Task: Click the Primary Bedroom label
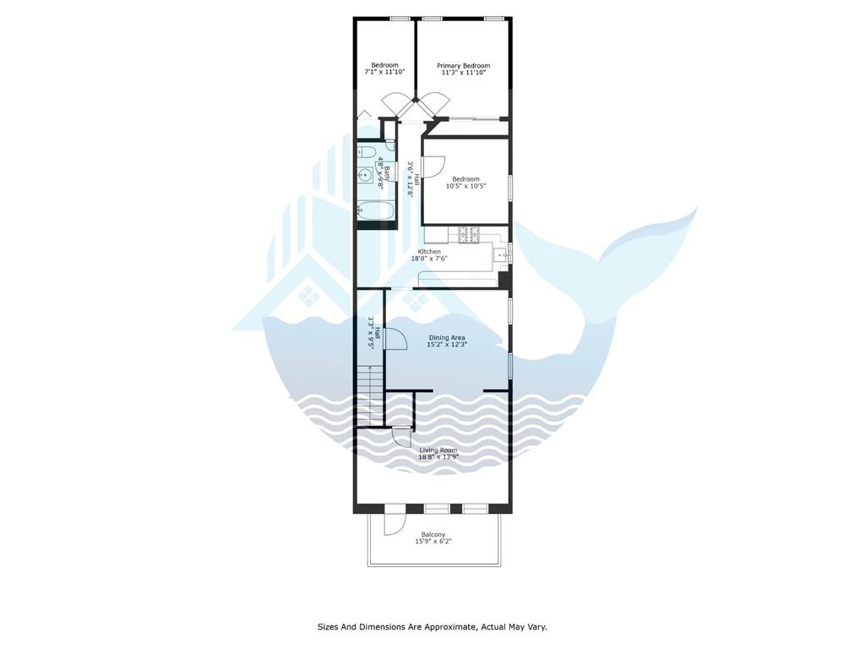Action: point(464,66)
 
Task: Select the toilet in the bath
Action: point(367,152)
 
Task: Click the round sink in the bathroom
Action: point(365,176)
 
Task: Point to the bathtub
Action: point(376,210)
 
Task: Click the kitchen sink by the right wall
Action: point(501,255)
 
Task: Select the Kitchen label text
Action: point(429,252)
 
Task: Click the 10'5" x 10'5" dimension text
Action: point(465,187)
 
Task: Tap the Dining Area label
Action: point(447,338)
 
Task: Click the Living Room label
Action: point(438,450)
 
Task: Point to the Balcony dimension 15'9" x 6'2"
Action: point(433,542)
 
